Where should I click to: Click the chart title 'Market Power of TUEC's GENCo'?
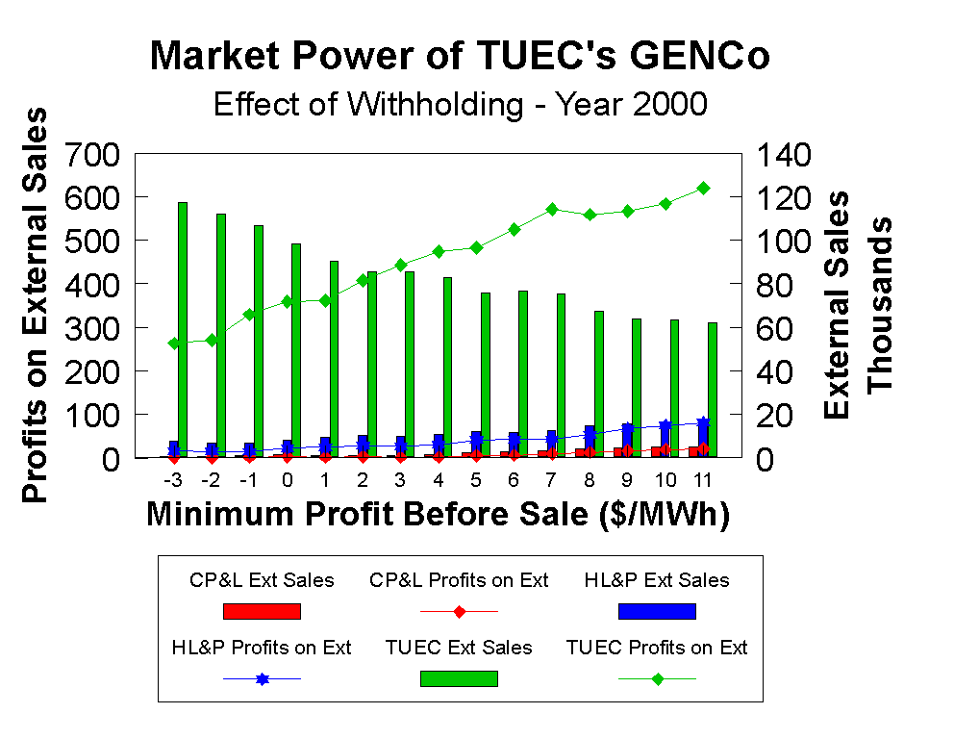460,58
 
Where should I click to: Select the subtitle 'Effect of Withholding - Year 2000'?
460,104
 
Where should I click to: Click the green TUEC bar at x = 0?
296,350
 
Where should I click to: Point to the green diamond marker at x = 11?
703,188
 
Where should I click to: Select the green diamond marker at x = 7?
552,209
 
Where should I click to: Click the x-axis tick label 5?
476,478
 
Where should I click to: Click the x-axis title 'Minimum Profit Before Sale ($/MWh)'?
439,515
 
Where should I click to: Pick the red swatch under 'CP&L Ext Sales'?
262,611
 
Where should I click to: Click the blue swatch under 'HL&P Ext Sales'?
656,611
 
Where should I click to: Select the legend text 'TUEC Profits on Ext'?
657,648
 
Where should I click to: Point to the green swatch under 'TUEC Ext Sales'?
459,678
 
